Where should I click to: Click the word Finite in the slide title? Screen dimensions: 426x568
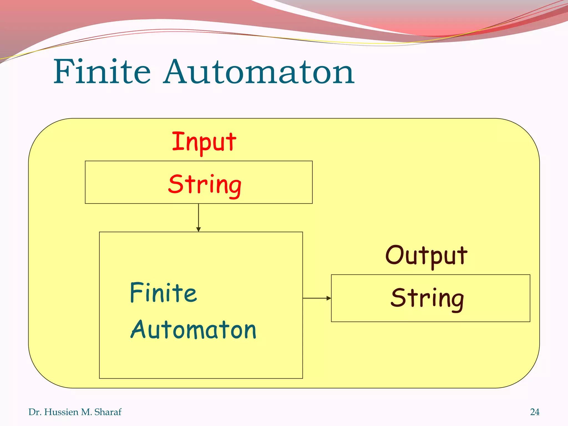click(x=102, y=72)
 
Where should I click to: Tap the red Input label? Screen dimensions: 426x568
click(x=204, y=142)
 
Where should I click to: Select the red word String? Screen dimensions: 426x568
click(x=205, y=185)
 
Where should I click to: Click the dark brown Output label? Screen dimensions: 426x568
click(x=427, y=256)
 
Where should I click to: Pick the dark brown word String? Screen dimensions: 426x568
click(x=427, y=299)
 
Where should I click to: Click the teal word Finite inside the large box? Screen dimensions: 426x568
click(x=163, y=293)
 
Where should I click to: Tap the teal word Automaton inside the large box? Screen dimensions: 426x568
click(x=193, y=330)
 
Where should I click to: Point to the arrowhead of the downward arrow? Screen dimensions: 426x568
click(x=199, y=229)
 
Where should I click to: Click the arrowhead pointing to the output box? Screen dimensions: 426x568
click(x=329, y=298)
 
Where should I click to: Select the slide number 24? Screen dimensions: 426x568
click(x=535, y=412)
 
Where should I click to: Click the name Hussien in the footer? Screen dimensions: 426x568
click(x=61, y=412)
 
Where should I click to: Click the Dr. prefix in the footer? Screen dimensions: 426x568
click(x=35, y=412)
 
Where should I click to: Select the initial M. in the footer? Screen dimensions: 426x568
click(x=86, y=412)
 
